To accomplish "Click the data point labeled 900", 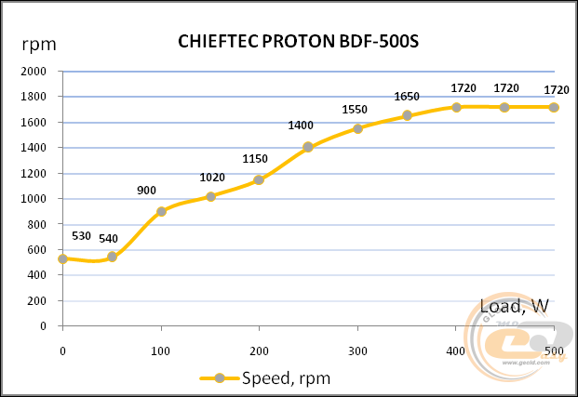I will click(x=161, y=211).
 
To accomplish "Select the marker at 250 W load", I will click(x=308, y=147).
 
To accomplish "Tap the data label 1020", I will click(x=213, y=178).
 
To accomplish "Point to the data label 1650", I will click(x=407, y=97).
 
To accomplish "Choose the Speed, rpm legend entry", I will click(x=265, y=378).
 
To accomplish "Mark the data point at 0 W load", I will click(x=62, y=258).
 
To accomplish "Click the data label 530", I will click(x=81, y=236).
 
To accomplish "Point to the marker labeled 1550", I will click(x=357, y=128).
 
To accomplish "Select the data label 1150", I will click(x=255, y=159).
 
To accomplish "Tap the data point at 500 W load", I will click(x=554, y=107).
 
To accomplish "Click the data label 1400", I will click(x=300, y=126).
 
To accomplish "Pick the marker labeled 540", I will click(x=112, y=257).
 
